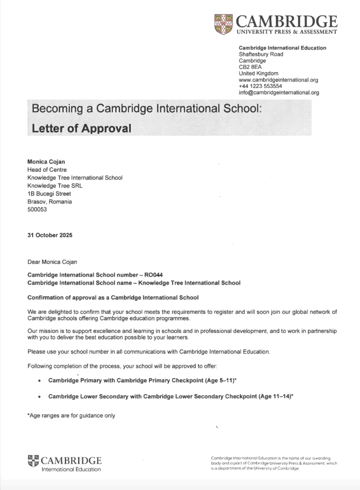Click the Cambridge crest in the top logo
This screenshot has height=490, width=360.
point(224,24)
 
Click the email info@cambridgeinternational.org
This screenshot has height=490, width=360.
point(279,93)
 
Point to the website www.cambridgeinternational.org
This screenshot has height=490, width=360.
point(278,80)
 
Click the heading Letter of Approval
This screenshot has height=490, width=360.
point(81,128)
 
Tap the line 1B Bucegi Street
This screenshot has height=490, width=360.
point(49,194)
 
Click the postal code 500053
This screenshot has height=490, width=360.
point(37,210)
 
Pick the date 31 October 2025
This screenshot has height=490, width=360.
point(50,235)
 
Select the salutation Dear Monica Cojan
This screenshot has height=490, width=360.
point(52,262)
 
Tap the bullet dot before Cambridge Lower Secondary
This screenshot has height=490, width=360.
point(39,397)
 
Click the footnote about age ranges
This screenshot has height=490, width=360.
point(71,416)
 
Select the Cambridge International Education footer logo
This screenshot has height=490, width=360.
point(65,464)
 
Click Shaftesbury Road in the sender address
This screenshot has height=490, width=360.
point(261,54)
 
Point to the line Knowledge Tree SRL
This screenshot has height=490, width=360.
point(55,186)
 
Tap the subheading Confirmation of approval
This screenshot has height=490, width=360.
point(113,298)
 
